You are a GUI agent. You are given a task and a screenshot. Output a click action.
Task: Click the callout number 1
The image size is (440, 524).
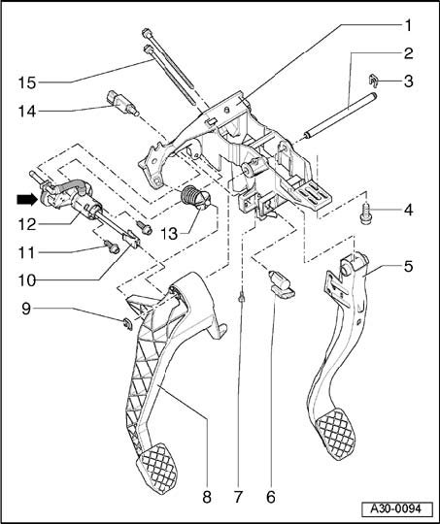point(408,25)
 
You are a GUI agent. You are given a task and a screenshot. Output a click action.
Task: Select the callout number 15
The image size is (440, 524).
point(27,82)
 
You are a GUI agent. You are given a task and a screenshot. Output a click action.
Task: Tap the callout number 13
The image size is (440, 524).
point(170,234)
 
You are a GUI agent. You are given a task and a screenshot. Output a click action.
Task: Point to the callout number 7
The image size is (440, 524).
point(238,497)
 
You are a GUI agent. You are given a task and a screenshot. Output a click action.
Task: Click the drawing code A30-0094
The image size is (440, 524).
point(396,509)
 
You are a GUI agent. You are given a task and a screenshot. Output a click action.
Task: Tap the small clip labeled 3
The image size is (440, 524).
point(373,81)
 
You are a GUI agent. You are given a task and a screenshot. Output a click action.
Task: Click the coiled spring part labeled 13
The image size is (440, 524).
point(196,198)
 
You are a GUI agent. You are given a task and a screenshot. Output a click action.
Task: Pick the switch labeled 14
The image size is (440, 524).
point(122,103)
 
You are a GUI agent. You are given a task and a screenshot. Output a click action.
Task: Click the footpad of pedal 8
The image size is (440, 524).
point(156,467)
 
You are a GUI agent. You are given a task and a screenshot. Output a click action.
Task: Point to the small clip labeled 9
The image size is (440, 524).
point(127,324)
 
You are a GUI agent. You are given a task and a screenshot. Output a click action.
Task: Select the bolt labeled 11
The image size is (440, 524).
point(112,247)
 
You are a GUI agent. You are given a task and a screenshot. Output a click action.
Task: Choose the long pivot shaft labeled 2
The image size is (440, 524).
point(341,115)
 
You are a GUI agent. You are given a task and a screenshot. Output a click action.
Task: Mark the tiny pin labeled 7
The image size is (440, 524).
point(241,296)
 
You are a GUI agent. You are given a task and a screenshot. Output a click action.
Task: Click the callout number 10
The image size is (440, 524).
point(27,280)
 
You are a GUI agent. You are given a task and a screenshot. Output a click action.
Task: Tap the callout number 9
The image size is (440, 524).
point(26,309)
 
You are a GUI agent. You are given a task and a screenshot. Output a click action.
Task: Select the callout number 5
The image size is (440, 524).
point(408,266)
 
